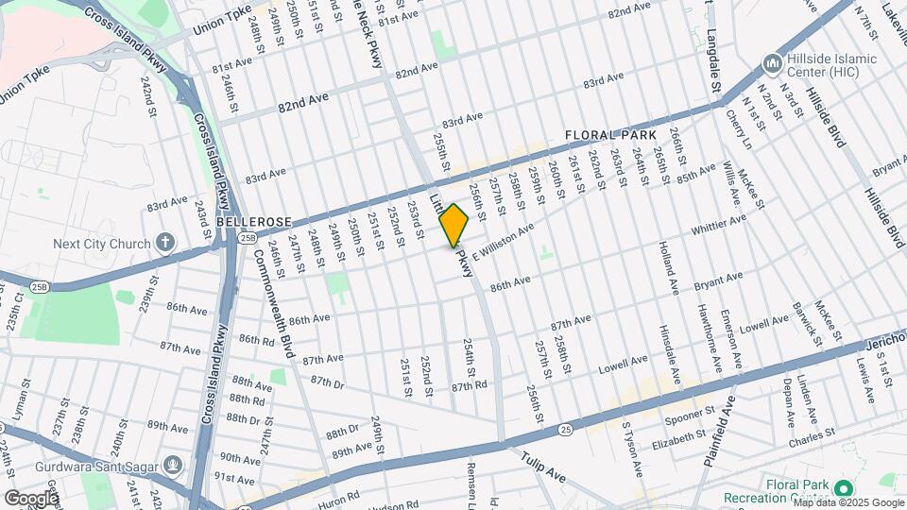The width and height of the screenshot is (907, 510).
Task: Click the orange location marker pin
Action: pyautogui.click(x=453, y=225)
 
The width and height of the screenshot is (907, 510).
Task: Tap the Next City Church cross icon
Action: pyautogui.click(x=165, y=243)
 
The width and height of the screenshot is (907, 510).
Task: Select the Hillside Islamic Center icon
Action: pyautogui.click(x=771, y=65)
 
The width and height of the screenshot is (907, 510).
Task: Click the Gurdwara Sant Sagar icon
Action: pyautogui.click(x=172, y=464)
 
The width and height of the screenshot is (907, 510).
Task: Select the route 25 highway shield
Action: pyautogui.click(x=564, y=430)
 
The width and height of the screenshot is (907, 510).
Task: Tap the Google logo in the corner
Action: pyautogui.click(x=31, y=498)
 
